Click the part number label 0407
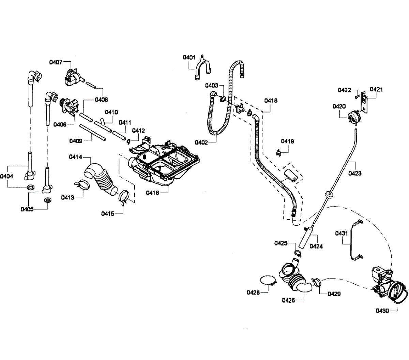(x=56, y=62)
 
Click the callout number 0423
(x=355, y=173)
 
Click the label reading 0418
(x=271, y=101)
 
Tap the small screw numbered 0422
(x=357, y=96)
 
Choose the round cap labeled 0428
(x=268, y=280)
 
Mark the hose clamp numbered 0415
(x=123, y=197)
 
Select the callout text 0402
(x=201, y=142)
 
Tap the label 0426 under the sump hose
(x=288, y=300)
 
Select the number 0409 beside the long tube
(x=76, y=141)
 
